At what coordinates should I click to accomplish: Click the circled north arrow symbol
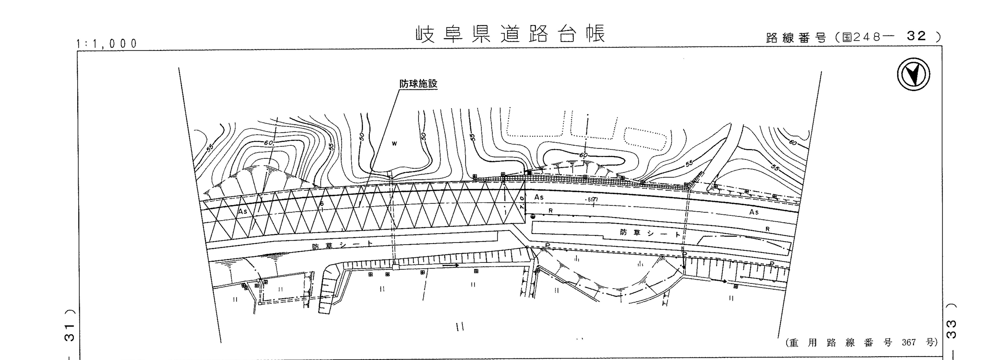(x=913, y=74)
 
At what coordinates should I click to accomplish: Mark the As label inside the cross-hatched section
(x=243, y=211)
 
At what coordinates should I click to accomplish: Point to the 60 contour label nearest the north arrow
(x=793, y=143)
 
